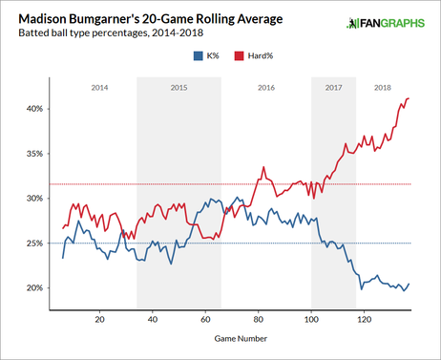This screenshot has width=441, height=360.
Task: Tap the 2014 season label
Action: click(98, 86)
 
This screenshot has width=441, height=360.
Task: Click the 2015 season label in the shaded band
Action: click(178, 86)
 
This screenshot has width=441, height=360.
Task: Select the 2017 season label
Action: click(333, 86)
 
